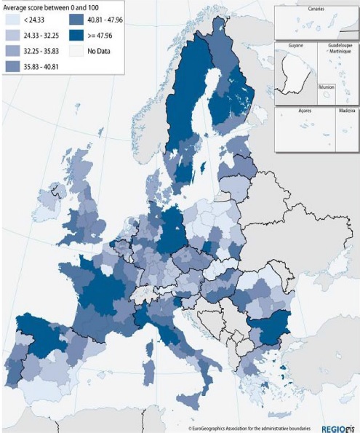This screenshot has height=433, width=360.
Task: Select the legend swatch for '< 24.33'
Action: tap(12, 20)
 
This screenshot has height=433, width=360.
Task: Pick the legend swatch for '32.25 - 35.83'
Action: tap(12, 51)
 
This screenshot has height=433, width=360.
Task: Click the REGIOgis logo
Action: tap(337, 427)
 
